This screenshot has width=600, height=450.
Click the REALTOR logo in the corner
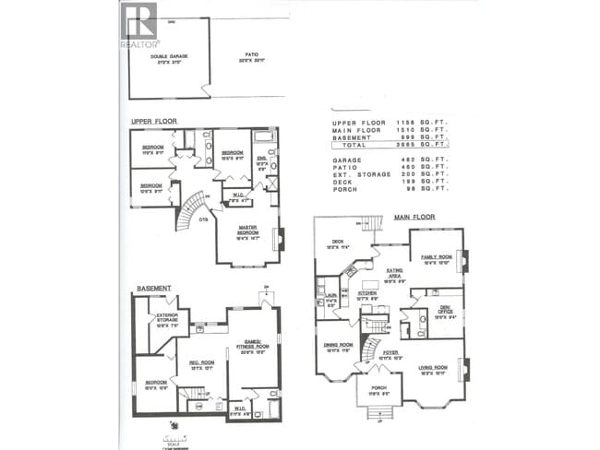click(x=138, y=25)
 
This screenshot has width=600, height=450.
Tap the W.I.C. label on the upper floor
click(x=238, y=195)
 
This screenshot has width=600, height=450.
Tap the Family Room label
click(x=436, y=257)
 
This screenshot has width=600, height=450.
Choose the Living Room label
click(x=434, y=370)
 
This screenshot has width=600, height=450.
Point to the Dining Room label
click(x=338, y=346)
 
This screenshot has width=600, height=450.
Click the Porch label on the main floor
click(x=378, y=390)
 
